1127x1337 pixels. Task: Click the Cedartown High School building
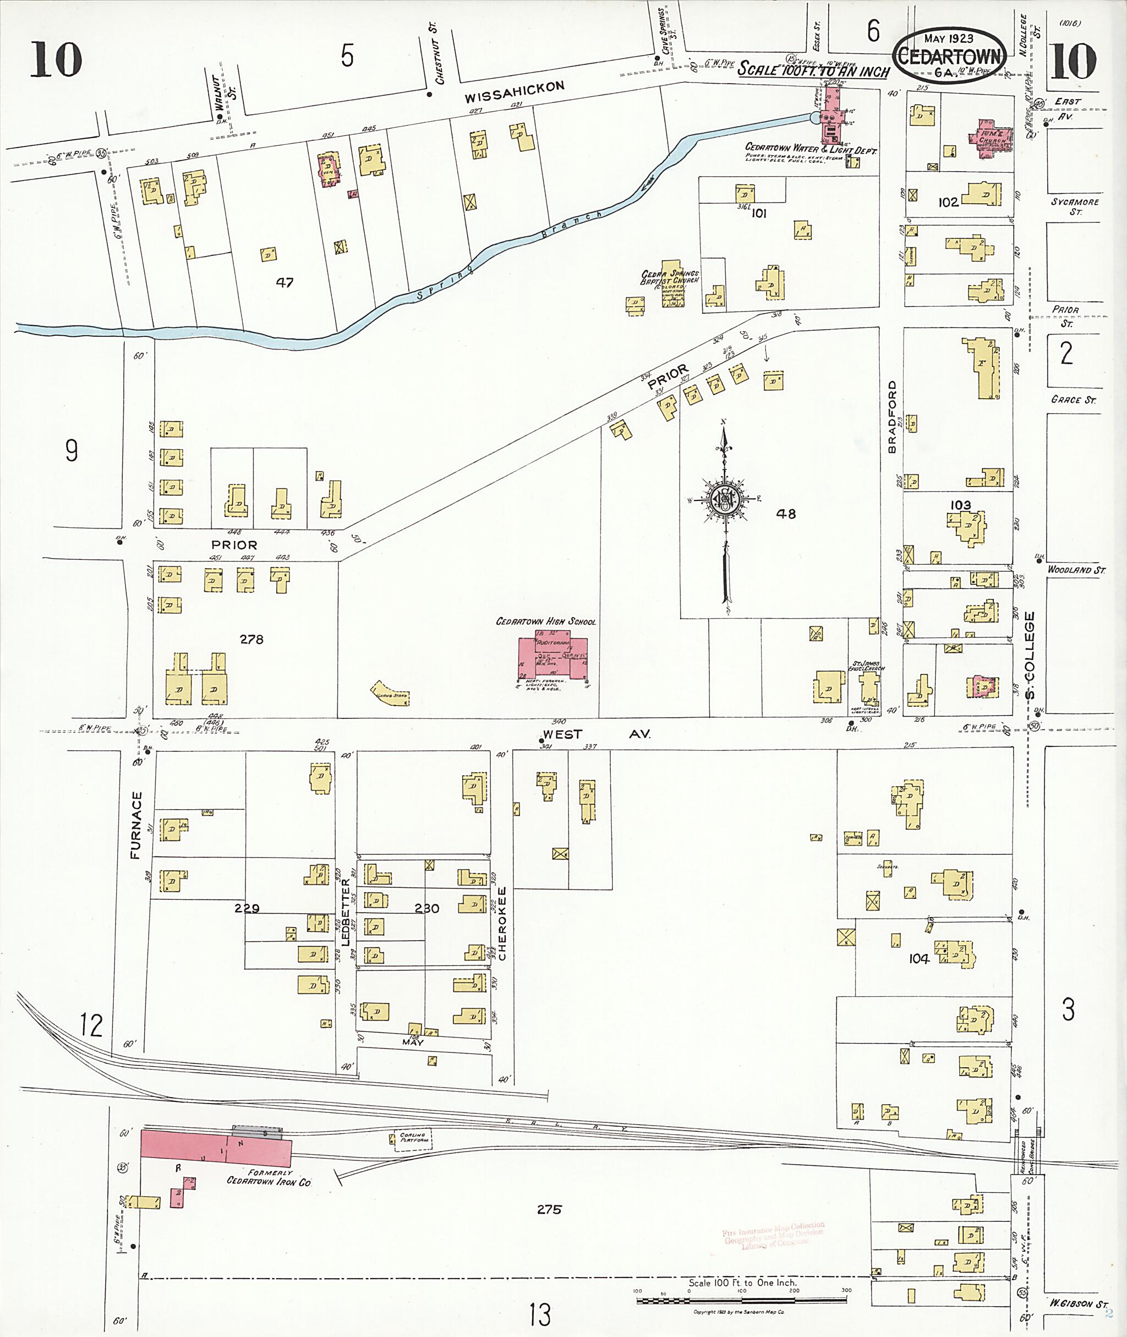tap(552, 658)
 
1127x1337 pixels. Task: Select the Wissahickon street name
tap(515, 92)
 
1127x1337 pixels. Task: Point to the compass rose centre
tap(725, 499)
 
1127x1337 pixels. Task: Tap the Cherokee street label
tap(502, 923)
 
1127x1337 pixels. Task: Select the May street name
tap(413, 1042)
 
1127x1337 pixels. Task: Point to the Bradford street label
tap(892, 417)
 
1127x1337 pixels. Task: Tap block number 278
tap(251, 639)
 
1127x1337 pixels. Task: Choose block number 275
tap(549, 1209)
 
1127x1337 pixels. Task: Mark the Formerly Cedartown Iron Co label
tap(270, 1178)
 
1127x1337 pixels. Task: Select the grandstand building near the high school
tap(390, 693)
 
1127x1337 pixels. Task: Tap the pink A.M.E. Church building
tap(989, 140)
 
